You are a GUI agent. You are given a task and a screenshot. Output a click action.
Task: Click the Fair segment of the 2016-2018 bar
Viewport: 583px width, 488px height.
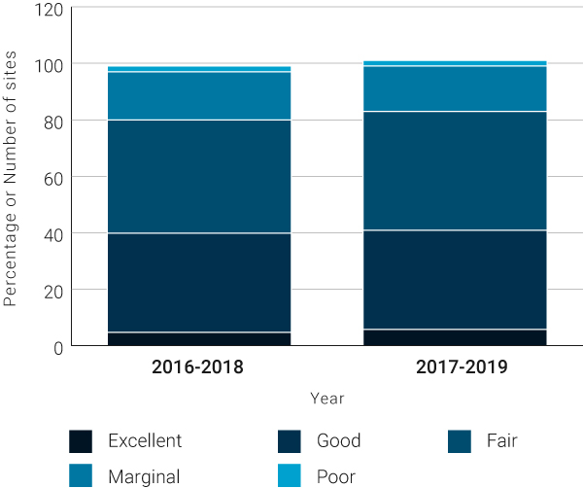pos(198,176)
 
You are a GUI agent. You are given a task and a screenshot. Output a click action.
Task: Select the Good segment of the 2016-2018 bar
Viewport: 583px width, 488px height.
pos(198,282)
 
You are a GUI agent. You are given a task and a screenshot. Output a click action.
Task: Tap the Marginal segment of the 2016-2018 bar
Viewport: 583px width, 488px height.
pos(198,95)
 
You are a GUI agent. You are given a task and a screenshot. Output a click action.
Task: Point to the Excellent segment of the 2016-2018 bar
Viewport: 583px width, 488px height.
pos(198,339)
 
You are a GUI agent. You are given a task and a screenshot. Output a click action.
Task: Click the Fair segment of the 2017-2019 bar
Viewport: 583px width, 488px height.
pos(454,170)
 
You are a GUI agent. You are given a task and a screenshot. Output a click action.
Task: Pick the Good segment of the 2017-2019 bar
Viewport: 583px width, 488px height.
pos(454,279)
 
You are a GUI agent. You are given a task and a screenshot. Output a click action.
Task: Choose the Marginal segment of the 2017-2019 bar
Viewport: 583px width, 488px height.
pos(454,88)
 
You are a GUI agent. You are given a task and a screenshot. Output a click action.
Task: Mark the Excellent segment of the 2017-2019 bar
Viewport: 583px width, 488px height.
pos(454,337)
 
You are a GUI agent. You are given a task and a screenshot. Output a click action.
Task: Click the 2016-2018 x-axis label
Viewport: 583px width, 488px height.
pos(198,368)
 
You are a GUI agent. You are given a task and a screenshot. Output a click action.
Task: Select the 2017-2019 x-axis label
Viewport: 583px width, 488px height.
pos(454,368)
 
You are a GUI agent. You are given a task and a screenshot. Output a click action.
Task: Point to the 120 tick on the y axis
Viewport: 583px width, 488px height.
pos(50,9)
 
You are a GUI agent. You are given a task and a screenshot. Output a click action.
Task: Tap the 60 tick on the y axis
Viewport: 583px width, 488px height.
pos(53,178)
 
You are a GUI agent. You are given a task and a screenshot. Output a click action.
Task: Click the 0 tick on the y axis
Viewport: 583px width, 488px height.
pos(58,347)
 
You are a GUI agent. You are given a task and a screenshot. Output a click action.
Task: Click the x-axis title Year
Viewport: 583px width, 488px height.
pos(326,399)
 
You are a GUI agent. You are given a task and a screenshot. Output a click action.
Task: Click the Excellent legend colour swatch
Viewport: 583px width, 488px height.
pos(81,441)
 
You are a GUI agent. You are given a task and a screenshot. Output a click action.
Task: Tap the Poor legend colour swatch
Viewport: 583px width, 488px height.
pos(290,476)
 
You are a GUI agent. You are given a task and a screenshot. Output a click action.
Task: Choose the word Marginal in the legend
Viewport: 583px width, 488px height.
pos(145,476)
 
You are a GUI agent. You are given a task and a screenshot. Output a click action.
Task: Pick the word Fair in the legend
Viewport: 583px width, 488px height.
pos(501,441)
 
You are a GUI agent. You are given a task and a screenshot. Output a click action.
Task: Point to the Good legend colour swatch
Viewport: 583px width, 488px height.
pos(290,441)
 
